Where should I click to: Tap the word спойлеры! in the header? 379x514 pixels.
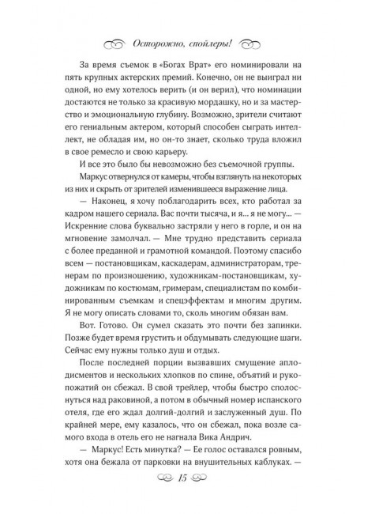[220, 43]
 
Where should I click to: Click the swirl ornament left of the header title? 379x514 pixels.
[122, 44]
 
